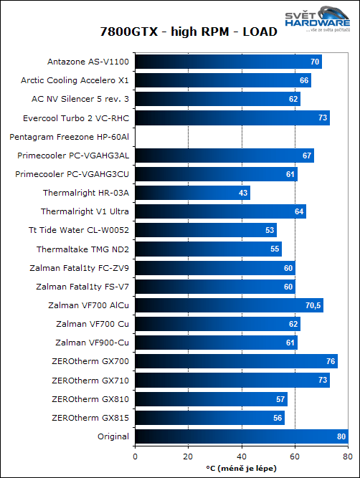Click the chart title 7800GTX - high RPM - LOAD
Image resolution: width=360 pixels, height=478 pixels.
click(179, 32)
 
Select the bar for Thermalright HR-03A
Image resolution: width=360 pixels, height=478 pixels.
click(192, 193)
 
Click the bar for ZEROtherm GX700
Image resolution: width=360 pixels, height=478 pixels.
click(236, 361)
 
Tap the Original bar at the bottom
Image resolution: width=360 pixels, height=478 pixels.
click(241, 436)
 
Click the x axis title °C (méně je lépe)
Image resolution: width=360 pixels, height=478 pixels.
click(240, 468)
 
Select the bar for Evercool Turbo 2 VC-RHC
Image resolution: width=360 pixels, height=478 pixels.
click(232, 118)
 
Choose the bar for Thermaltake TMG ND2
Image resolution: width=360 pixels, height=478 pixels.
click(208, 249)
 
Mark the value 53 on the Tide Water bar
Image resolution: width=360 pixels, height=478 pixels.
click(269, 230)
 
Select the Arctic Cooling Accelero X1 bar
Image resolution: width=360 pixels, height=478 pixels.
click(222, 80)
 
